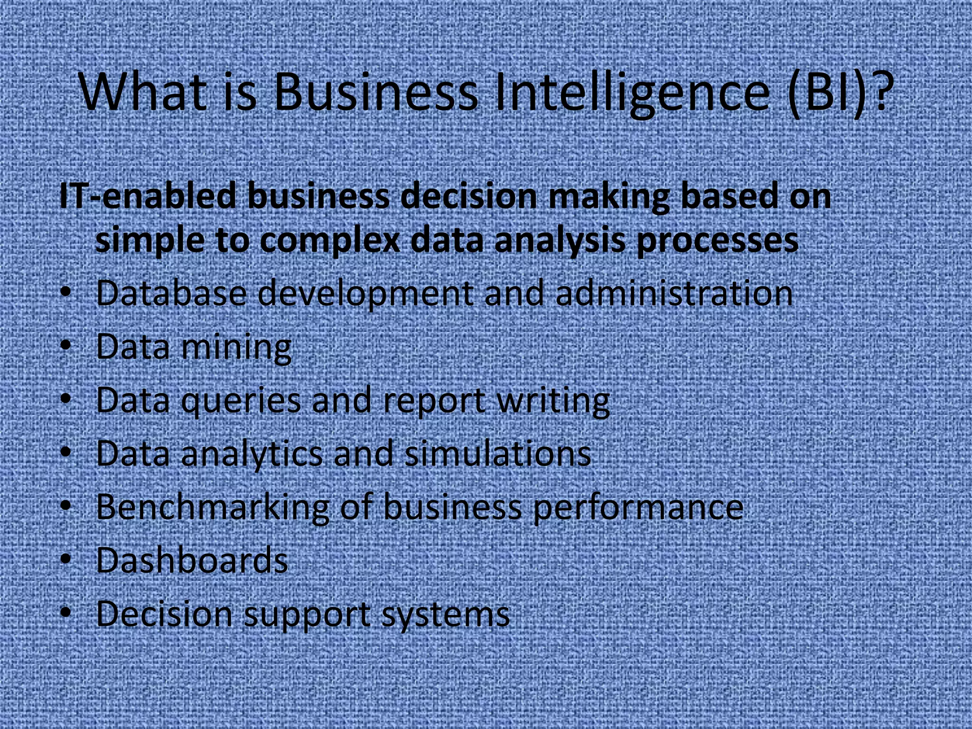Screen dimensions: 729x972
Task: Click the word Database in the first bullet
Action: point(171,293)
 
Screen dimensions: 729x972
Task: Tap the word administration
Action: point(674,293)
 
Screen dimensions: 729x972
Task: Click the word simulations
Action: point(498,453)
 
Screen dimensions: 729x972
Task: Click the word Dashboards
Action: point(192,561)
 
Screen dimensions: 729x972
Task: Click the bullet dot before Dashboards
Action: point(66,559)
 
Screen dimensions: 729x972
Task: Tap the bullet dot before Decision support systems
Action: point(66,612)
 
